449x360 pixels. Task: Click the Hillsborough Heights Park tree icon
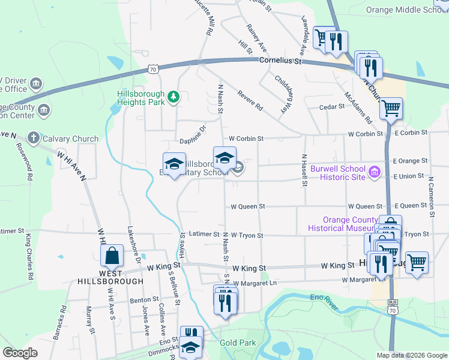[173, 97]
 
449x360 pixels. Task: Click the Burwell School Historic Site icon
[375, 172]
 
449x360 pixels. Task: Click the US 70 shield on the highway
[154, 70]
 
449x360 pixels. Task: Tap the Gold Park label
[238, 343]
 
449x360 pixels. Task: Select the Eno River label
[324, 298]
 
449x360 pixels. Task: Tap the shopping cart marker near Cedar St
[391, 109]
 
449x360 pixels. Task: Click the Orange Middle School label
[406, 10]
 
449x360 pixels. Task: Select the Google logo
[20, 353]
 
